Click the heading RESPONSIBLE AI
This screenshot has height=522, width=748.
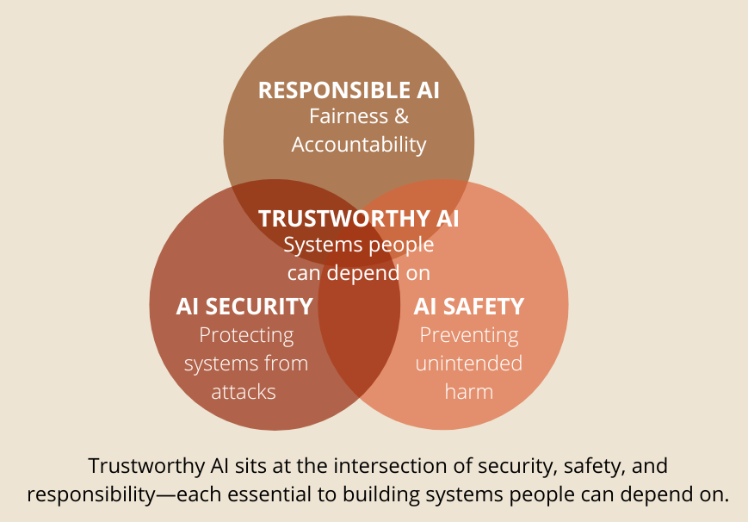[349, 90]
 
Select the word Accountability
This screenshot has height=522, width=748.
[359, 144]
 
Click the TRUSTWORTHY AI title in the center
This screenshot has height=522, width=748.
[359, 219]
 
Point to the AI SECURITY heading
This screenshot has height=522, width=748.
[244, 306]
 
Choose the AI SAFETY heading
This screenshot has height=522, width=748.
[469, 306]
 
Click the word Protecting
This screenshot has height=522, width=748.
[246, 334]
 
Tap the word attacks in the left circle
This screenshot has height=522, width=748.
[244, 392]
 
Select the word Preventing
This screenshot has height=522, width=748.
[469, 334]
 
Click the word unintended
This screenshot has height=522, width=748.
[469, 363]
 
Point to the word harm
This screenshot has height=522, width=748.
[469, 392]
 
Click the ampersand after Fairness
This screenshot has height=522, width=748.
[401, 116]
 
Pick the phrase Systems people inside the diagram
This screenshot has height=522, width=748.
[359, 245]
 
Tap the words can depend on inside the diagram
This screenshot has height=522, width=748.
[359, 273]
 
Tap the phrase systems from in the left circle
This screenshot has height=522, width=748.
[246, 363]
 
